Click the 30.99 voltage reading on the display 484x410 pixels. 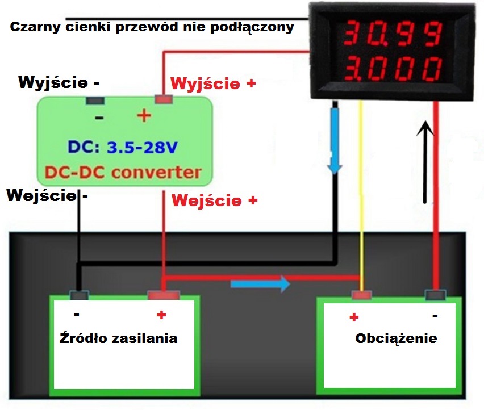point(392,35)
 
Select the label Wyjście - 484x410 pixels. point(59,82)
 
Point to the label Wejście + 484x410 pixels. point(215,200)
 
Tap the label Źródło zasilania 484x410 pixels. point(118,338)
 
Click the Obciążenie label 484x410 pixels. point(396,338)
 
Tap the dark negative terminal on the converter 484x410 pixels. point(95,101)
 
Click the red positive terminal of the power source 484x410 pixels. point(164,295)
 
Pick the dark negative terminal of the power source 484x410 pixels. point(78,295)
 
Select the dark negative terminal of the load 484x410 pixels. point(435,295)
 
